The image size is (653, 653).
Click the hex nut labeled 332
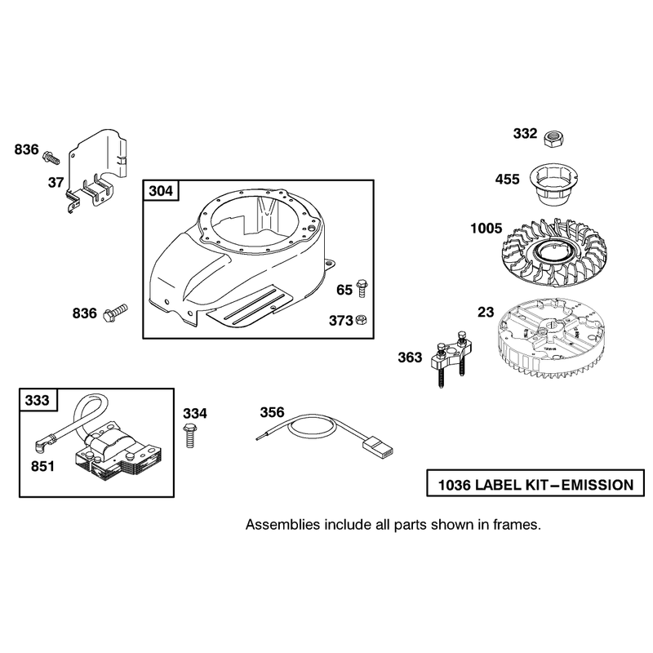pyautogui.click(x=554, y=137)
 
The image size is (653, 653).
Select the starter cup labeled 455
pyautogui.click(x=553, y=183)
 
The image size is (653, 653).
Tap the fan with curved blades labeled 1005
pyautogui.click(x=553, y=253)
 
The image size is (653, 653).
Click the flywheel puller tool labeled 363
pyautogui.click(x=451, y=358)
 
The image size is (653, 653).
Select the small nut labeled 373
pyautogui.click(x=362, y=320)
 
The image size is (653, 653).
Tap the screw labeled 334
pyautogui.click(x=189, y=435)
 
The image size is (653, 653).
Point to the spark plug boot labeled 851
pyautogui.click(x=41, y=446)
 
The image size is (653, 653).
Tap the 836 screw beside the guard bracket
pyautogui.click(x=51, y=158)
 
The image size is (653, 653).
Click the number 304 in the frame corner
pyautogui.click(x=161, y=191)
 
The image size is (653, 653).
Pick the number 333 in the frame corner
pyautogui.click(x=38, y=400)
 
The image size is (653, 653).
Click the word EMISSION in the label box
pyautogui.click(x=597, y=485)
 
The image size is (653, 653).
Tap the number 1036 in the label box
pyautogui.click(x=455, y=485)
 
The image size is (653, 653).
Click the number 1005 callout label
pyautogui.click(x=486, y=229)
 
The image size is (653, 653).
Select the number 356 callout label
pyautogui.click(x=272, y=412)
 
